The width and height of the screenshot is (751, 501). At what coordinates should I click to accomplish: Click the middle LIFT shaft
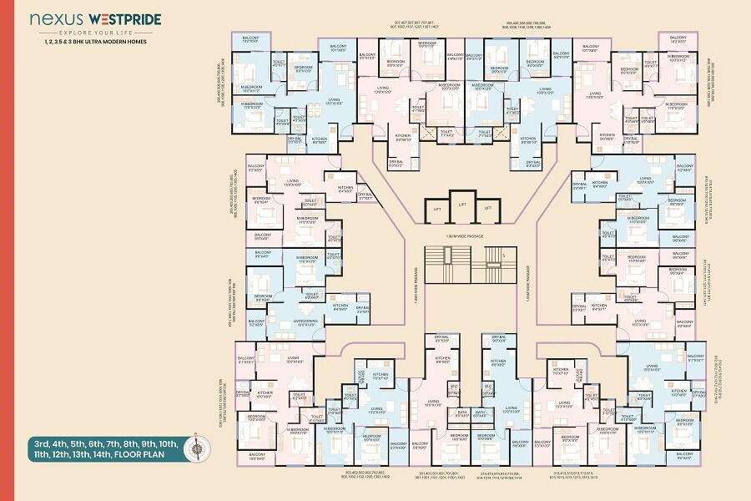461,205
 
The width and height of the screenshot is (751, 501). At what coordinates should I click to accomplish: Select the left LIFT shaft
436,210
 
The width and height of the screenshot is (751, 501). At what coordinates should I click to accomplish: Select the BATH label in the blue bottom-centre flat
480,412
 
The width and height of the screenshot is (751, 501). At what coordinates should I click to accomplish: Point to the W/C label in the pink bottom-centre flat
454,387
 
